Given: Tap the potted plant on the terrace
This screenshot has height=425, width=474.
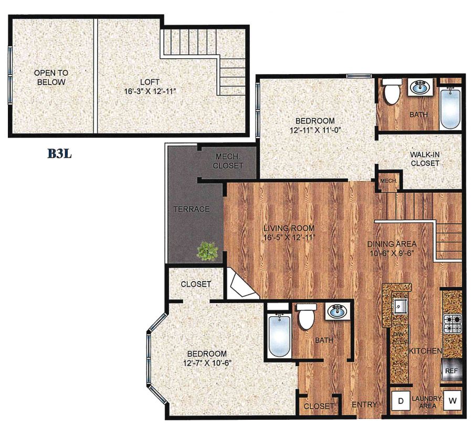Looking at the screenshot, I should (207, 251).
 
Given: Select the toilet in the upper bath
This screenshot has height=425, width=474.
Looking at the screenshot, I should (392, 92).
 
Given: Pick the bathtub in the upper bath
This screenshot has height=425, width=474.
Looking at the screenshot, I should (450, 109).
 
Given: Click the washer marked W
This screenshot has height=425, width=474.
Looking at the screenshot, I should (452, 401).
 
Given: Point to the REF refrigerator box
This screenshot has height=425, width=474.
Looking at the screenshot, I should (452, 370).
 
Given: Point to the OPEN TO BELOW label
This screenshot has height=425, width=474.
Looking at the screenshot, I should (50, 77).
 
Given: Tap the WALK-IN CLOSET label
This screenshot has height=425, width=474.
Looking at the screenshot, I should (425, 159).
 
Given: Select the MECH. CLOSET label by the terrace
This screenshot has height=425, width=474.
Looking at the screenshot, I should (230, 161).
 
